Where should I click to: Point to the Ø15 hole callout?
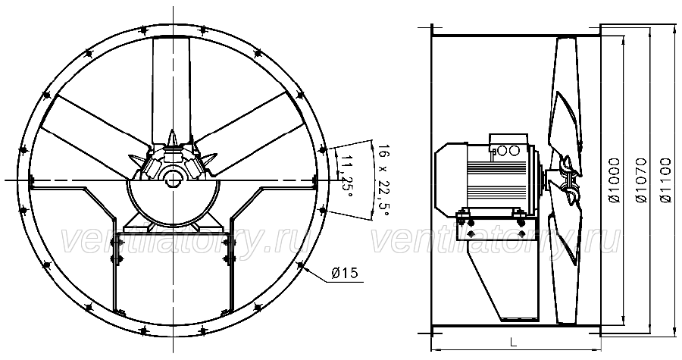[x=344, y=273]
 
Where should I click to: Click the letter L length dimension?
[x=514, y=343]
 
